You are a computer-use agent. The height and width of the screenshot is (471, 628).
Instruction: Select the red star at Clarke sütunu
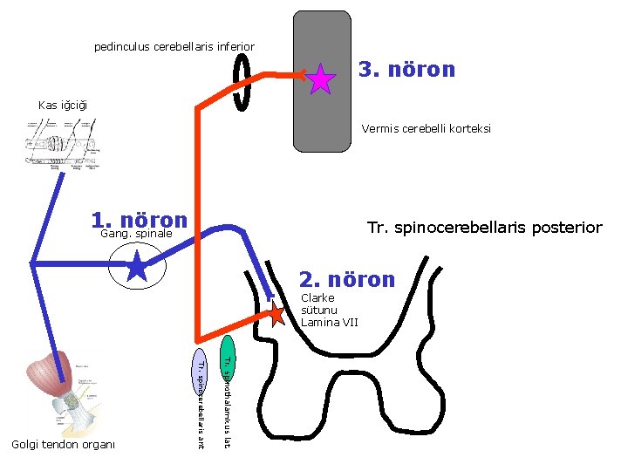(x=275, y=315)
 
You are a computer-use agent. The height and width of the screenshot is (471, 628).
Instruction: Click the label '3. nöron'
(x=406, y=69)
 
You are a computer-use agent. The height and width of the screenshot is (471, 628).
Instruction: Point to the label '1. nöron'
(x=140, y=221)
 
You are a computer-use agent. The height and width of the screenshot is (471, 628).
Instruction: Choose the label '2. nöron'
(x=347, y=280)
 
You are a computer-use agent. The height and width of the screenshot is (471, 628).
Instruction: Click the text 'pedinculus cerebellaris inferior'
(x=174, y=46)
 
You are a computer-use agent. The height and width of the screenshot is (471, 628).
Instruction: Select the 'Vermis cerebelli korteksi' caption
(x=426, y=129)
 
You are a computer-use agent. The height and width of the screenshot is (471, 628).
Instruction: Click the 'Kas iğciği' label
(x=63, y=106)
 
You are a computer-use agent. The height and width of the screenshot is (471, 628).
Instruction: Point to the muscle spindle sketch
(x=61, y=144)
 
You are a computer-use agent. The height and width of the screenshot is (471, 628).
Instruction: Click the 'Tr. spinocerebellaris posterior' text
(x=484, y=228)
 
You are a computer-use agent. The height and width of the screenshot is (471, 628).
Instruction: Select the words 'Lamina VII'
(x=329, y=322)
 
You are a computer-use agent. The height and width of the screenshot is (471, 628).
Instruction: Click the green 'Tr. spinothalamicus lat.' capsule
(x=227, y=392)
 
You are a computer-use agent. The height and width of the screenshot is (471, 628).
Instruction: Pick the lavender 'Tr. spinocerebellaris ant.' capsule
(x=200, y=399)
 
